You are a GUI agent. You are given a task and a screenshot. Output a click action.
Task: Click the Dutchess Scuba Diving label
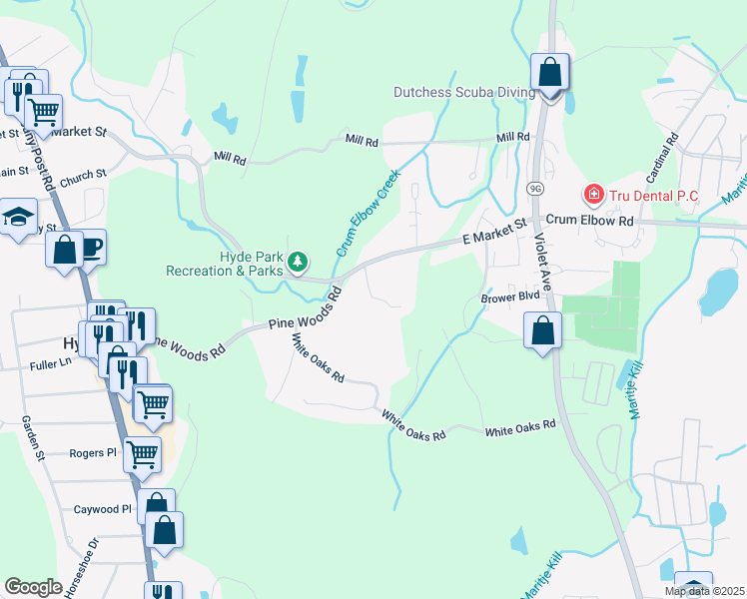point(464,92)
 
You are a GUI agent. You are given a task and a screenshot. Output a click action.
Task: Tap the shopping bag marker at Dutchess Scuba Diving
point(549,73)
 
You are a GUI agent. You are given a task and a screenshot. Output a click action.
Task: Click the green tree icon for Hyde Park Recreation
point(297,263)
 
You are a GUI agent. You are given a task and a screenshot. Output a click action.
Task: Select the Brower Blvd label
point(509,298)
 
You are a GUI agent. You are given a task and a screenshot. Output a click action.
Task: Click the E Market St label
point(493,234)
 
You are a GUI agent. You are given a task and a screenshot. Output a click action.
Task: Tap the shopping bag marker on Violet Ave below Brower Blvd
point(541,330)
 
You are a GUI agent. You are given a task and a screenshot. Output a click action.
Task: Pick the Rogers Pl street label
point(94,452)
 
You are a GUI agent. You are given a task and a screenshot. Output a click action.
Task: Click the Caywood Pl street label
point(102,509)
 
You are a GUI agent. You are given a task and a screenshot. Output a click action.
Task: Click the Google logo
point(33,586)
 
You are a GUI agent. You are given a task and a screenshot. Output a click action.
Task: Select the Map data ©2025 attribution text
point(703,591)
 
